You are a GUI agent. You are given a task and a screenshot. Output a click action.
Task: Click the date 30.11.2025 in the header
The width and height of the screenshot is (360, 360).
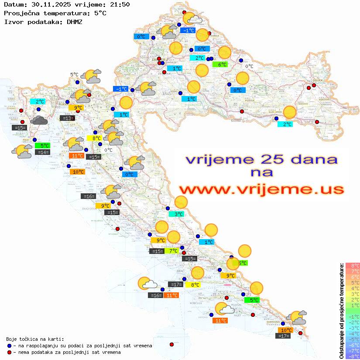click(x=49, y=5)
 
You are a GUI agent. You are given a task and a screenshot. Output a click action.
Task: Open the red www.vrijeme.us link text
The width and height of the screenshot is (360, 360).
click(x=261, y=190)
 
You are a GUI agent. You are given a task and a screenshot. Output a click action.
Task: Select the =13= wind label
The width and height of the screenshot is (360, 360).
click(x=67, y=118)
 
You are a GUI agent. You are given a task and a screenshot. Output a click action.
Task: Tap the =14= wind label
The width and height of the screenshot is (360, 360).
click(x=43, y=152)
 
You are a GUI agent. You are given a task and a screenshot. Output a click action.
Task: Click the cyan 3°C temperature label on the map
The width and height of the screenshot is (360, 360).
click(x=179, y=214)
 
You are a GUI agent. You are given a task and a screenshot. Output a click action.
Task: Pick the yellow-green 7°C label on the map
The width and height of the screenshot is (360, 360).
click(x=173, y=250)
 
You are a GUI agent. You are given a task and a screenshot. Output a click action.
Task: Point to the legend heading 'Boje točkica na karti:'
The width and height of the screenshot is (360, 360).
click(x=35, y=339)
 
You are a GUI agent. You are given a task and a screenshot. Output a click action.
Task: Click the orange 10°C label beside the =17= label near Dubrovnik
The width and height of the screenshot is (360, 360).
click(x=286, y=330)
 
